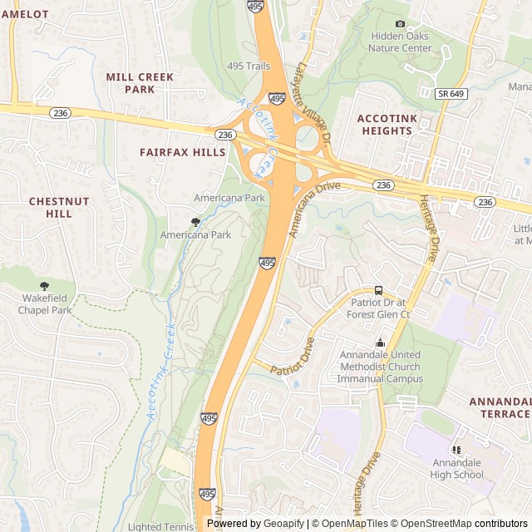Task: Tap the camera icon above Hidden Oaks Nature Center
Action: point(400,23)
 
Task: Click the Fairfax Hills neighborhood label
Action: point(182,153)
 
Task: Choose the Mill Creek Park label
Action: point(140,82)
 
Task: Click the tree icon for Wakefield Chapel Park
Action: point(44,286)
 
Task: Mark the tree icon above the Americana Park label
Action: point(195,222)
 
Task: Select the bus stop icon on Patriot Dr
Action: point(379,290)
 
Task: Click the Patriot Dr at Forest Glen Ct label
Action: point(380,308)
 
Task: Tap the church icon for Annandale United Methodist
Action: point(380,342)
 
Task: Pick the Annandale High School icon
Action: point(456,449)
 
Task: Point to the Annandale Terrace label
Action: point(500,407)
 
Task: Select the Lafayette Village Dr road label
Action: point(313,105)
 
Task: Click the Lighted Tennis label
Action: point(161,526)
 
